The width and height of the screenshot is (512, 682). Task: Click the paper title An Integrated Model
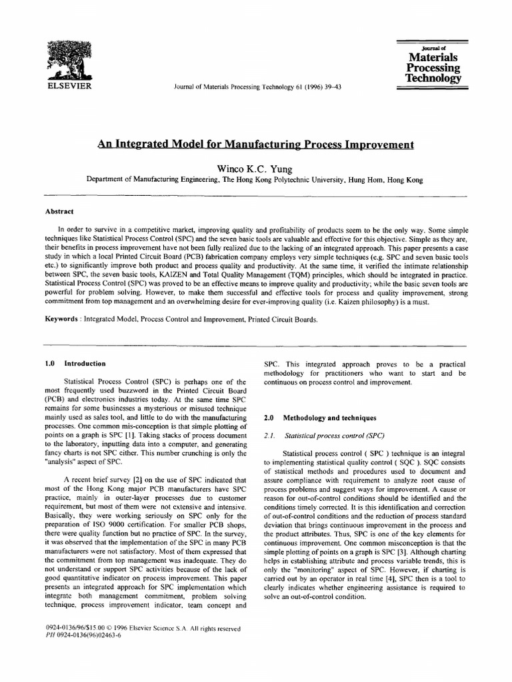tap(257, 144)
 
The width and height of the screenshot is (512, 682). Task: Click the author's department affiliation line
tap(256, 180)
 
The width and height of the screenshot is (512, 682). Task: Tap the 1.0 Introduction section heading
tap(75, 364)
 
